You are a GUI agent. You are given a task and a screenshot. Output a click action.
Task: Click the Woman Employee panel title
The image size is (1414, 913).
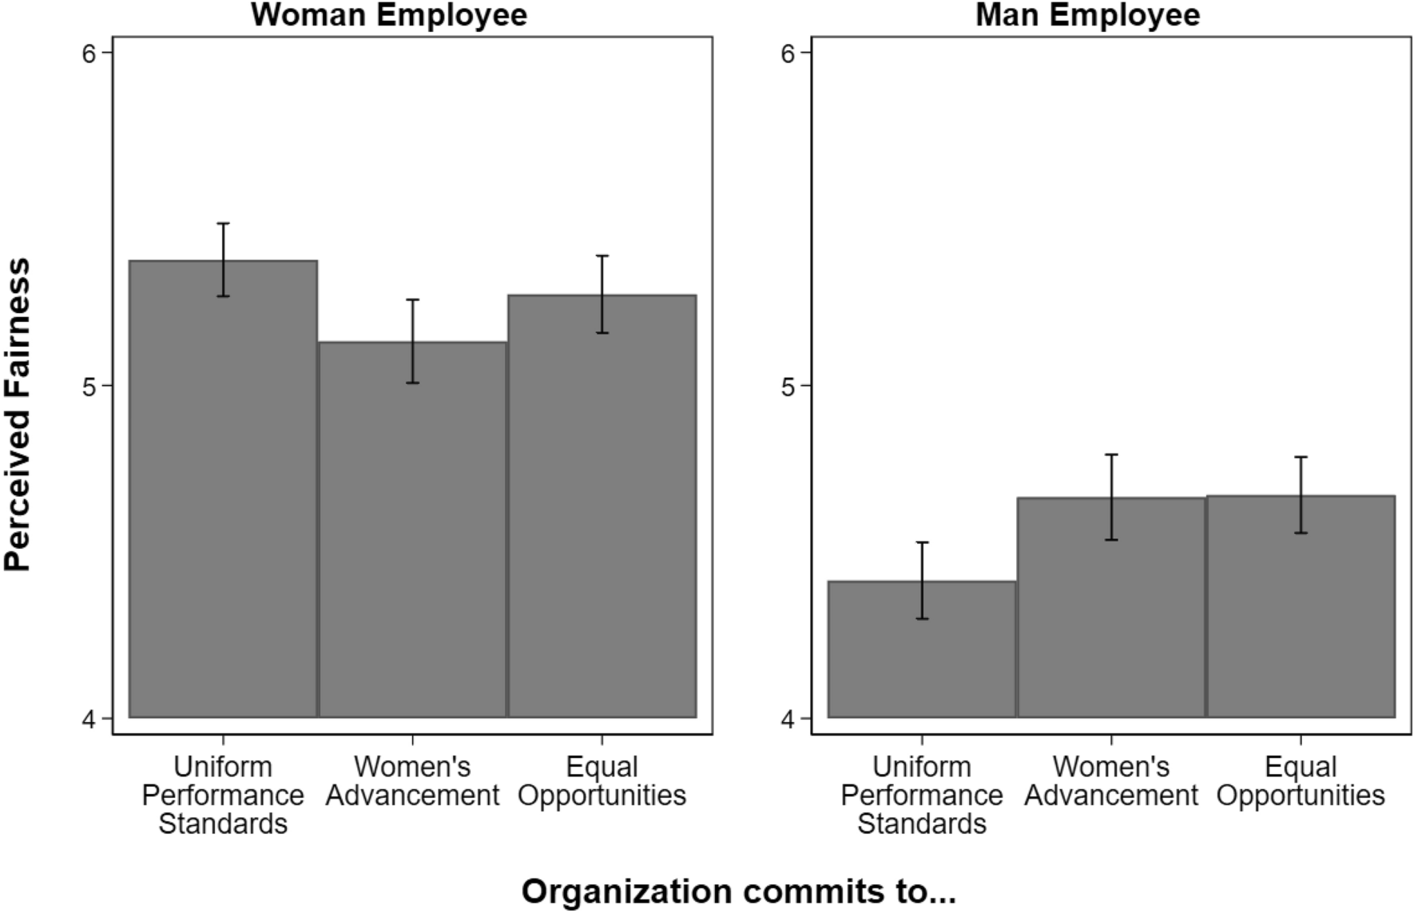(389, 15)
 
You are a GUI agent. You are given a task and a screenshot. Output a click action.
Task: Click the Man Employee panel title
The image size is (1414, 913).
(1087, 15)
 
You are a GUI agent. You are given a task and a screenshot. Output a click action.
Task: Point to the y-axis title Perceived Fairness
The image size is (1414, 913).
(18, 415)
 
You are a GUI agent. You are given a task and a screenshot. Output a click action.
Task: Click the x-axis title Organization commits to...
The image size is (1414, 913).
(738, 891)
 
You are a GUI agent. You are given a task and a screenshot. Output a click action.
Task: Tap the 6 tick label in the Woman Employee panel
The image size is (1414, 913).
(88, 53)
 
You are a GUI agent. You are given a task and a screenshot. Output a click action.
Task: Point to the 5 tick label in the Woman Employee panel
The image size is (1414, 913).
(88, 387)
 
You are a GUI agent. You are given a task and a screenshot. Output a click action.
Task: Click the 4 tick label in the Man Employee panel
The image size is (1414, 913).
(787, 720)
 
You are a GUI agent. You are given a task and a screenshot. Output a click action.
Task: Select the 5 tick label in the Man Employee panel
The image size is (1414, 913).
(787, 387)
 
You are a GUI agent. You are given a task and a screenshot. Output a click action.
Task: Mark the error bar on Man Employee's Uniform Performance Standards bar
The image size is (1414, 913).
(922, 581)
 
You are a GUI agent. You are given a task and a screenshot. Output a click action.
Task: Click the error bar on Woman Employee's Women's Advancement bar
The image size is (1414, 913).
(412, 341)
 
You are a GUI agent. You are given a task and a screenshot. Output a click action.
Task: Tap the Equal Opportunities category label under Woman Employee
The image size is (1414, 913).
(602, 781)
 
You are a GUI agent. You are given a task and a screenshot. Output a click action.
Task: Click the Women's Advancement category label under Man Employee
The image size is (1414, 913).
(1111, 781)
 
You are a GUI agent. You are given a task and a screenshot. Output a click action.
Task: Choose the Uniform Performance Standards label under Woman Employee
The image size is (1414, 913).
(223, 795)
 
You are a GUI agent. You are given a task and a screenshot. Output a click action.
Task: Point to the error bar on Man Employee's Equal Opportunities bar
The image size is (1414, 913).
(1301, 494)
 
